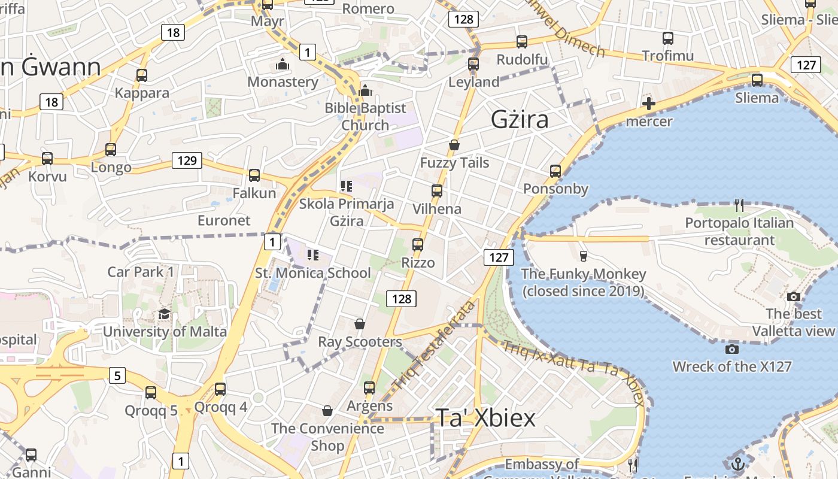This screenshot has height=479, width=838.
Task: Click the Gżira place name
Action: (520, 120)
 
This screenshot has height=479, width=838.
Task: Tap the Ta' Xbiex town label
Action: (485, 418)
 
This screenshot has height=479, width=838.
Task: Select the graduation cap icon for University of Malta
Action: (164, 314)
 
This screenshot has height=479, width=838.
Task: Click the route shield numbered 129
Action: (187, 160)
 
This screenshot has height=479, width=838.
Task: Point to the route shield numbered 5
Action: (117, 376)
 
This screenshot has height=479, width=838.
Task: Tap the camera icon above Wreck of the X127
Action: (731, 349)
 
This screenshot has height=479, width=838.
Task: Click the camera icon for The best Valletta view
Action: (794, 296)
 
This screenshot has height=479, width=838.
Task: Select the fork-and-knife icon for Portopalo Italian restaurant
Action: (739, 205)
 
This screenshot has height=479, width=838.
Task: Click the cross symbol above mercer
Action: (648, 104)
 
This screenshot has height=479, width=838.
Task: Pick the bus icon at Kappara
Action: (142, 75)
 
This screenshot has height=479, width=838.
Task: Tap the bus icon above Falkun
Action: (254, 175)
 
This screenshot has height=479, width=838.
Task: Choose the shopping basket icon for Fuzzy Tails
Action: (454, 145)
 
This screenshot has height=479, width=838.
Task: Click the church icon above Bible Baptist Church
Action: (365, 91)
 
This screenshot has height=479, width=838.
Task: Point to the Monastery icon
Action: (283, 64)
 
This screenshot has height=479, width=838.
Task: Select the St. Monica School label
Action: (313, 273)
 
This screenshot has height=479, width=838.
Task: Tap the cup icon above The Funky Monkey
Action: (584, 256)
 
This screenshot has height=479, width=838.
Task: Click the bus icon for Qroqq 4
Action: (220, 389)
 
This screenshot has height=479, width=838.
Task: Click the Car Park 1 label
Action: (141, 272)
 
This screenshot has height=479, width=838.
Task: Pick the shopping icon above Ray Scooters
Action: (360, 324)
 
